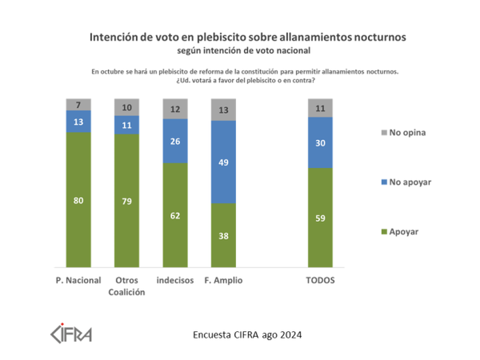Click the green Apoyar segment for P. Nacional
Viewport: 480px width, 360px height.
(x=78, y=200)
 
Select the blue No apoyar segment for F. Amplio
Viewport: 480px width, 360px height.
(x=224, y=162)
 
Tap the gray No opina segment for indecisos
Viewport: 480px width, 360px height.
(x=176, y=109)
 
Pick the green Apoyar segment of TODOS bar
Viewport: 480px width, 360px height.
(x=320, y=217)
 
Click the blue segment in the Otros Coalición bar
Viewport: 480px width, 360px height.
(x=127, y=124)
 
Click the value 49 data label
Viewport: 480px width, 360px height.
(x=224, y=162)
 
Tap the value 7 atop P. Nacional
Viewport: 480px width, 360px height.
(x=78, y=105)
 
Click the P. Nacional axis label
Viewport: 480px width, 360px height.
(x=78, y=281)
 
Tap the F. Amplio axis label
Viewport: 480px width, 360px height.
(x=224, y=281)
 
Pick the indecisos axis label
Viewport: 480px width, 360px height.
(x=176, y=281)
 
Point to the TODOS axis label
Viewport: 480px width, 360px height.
(x=320, y=281)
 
